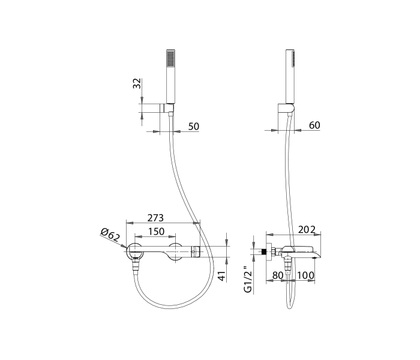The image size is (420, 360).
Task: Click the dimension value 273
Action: [155, 218]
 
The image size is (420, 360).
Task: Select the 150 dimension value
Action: [156, 232]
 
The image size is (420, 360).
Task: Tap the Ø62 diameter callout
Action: [110, 235]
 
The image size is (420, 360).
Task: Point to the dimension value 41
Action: [223, 275]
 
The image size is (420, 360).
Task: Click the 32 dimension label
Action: [137, 83]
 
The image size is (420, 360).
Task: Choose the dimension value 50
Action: [194, 127]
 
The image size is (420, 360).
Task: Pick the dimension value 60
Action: [314, 125]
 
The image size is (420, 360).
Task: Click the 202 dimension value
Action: [307, 230]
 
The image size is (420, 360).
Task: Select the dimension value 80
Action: [277, 275]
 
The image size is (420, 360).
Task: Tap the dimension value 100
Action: [305, 275]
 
